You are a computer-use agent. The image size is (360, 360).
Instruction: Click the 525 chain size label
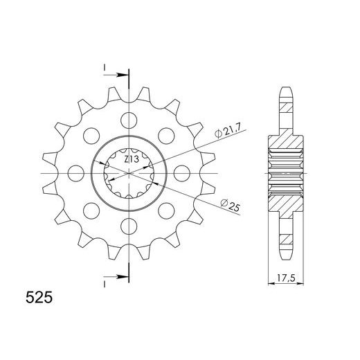pyautogui.click(x=39, y=297)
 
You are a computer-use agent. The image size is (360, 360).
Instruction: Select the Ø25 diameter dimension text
pyautogui.click(x=230, y=205)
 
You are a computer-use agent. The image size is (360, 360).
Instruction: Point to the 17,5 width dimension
pyautogui.click(x=286, y=278)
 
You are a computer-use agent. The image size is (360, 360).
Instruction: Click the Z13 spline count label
pyautogui.click(x=132, y=159)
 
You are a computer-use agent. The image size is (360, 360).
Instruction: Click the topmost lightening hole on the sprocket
pyautogui.click(x=129, y=120)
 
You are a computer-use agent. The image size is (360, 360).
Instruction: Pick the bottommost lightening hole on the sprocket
pyautogui.click(x=129, y=226)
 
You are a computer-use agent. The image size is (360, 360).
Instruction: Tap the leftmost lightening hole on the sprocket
pyautogui.click(x=76, y=173)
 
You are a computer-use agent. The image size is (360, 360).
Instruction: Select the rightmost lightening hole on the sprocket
pyautogui.click(x=181, y=173)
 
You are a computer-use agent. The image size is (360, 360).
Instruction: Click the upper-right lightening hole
pyautogui.click(x=166, y=136)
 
